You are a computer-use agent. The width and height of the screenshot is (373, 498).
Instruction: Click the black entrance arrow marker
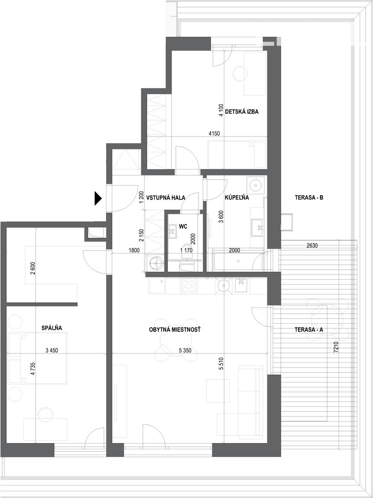98,199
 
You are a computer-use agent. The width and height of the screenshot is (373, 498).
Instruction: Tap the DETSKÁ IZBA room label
242,112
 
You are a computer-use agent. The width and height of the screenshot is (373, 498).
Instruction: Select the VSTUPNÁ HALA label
166,198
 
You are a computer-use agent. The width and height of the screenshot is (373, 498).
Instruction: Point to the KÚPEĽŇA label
237,198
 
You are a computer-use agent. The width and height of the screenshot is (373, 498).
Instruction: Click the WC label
183,226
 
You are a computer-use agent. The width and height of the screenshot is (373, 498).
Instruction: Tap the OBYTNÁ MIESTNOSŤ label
175,330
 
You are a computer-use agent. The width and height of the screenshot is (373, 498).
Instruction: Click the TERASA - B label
309,198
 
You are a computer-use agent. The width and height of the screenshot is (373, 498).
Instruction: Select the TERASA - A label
309,330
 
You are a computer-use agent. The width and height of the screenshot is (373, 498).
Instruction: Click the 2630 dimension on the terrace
311,245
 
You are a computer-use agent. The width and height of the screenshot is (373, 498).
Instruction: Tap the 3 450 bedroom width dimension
52,350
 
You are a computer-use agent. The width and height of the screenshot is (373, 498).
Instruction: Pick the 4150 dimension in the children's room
214,134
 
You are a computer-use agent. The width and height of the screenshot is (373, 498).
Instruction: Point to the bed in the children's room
236,155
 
